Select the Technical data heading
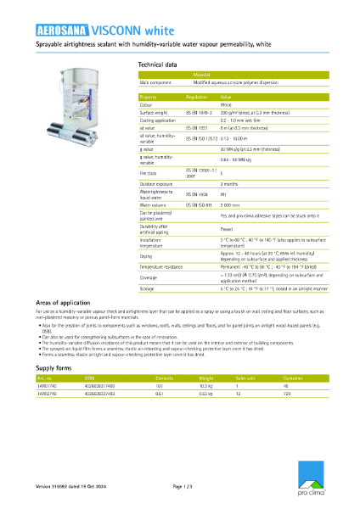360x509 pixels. [x=157, y=64]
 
